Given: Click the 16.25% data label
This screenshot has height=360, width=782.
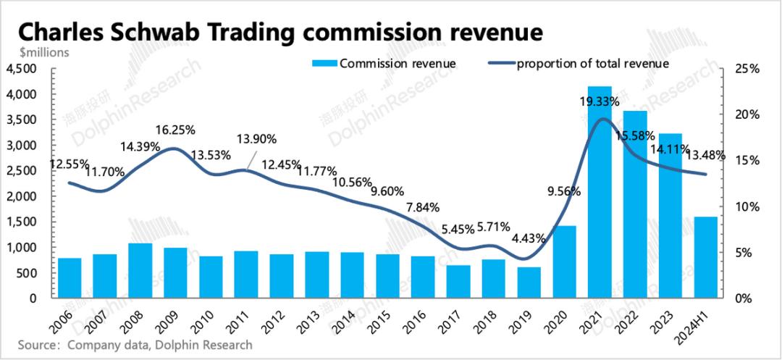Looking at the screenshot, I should tap(176, 130).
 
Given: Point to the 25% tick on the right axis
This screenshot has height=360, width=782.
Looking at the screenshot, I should tap(746, 69).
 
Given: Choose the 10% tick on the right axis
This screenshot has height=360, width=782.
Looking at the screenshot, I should tap(746, 206).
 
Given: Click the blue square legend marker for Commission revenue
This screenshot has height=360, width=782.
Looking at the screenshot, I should tap(324, 64).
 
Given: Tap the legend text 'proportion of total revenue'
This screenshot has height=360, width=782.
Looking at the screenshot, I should tap(592, 64).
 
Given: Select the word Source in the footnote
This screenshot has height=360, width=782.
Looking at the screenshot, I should tap(37, 345).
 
